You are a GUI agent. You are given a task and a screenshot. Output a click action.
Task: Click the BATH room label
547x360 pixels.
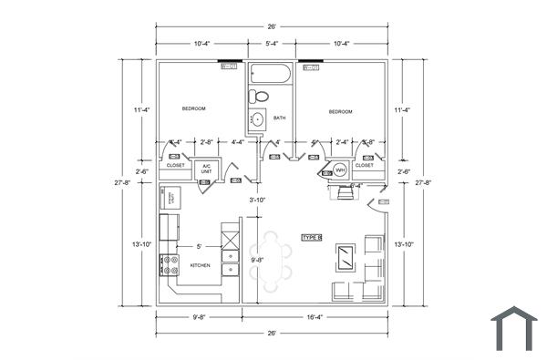[279, 118]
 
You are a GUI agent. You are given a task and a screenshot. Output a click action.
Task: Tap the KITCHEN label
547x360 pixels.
[200, 265]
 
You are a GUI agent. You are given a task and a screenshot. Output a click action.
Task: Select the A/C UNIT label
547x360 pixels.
[207, 169]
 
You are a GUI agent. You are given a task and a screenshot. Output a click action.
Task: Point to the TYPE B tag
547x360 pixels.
[312, 237]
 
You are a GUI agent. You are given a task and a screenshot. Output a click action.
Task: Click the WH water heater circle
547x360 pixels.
[339, 170]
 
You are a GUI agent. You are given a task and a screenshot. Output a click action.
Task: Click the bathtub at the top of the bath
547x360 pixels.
[271, 74]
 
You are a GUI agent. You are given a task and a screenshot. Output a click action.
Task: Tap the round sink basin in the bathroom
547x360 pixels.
[258, 118]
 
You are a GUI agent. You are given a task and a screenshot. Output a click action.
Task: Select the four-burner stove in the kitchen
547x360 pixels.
[170, 265]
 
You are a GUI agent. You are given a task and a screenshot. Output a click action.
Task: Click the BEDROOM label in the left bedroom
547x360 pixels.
[193, 108]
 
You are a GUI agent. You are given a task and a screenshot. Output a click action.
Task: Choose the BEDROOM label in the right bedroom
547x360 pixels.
[341, 111]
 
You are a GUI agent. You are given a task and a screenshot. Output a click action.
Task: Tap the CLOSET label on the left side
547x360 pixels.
[175, 165]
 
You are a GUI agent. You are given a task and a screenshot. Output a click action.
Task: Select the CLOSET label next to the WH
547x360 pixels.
[364, 165]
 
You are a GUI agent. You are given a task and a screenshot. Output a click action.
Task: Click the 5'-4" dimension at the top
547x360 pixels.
[272, 43]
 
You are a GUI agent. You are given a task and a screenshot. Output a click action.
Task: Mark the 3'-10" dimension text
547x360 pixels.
[258, 200]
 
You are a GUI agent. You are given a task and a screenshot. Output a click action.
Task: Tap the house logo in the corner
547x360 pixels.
[514, 328]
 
